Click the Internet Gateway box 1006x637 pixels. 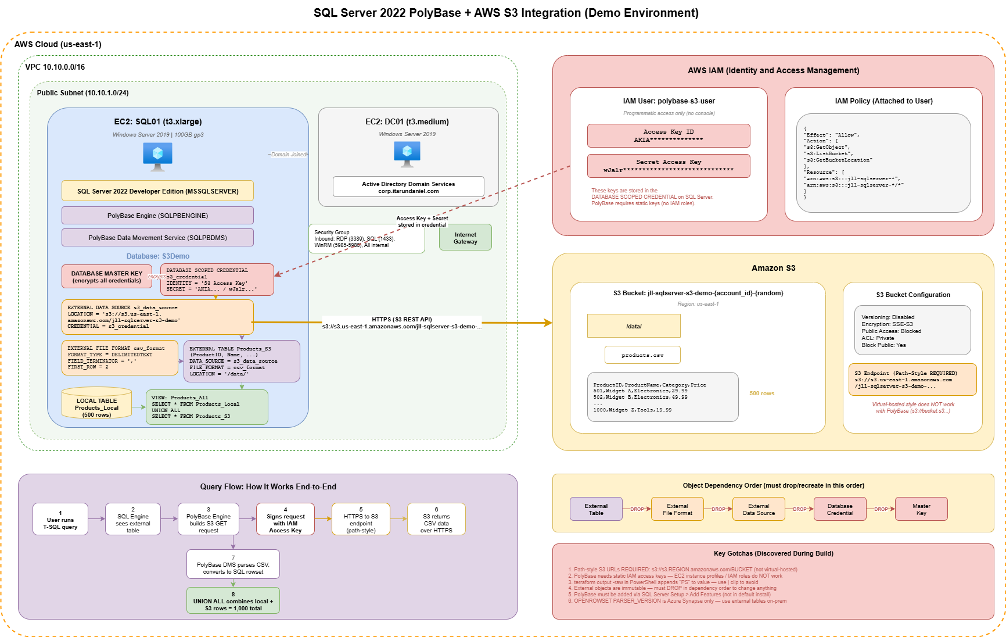pyautogui.click(x=465, y=238)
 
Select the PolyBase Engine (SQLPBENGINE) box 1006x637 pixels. pyautogui.click(x=157, y=216)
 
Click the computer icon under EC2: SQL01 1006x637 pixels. pyautogui.click(x=157, y=156)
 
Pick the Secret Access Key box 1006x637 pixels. pyautogui.click(x=669, y=166)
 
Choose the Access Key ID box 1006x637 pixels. pyautogui.click(x=669, y=135)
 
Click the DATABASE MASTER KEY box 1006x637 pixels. pyautogui.click(x=107, y=277)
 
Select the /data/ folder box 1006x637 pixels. pyautogui.click(x=634, y=326)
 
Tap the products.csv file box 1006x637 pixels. pyautogui.click(x=642, y=355)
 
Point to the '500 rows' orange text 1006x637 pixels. pyautogui.click(x=761, y=393)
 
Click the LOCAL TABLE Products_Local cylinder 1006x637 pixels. pyautogui.click(x=97, y=404)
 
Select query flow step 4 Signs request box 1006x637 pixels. pyautogui.click(x=285, y=520)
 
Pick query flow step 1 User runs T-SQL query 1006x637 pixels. pyautogui.click(x=60, y=520)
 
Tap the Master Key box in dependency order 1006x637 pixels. pyautogui.click(x=921, y=509)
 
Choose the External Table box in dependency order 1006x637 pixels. pyautogui.click(x=596, y=509)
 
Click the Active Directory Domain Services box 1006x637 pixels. pyautogui.click(x=408, y=187)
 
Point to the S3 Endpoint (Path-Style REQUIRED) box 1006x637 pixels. pyautogui.click(x=912, y=380)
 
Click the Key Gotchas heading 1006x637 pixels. pyautogui.click(x=773, y=553)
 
